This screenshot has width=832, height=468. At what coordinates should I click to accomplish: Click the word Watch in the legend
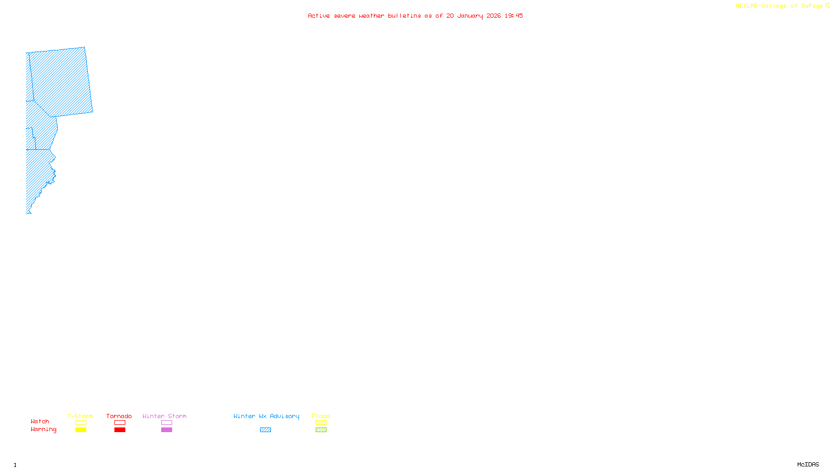click(40, 422)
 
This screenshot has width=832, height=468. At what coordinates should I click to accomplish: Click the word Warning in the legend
click(44, 430)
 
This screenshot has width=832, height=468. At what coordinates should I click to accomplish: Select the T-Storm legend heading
click(80, 416)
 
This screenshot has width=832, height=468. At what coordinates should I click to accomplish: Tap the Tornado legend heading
click(119, 416)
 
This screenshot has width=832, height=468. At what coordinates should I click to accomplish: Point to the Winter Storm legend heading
click(164, 416)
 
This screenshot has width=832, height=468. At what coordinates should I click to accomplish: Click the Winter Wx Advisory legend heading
click(266, 416)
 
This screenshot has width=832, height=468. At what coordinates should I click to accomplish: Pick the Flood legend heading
click(321, 416)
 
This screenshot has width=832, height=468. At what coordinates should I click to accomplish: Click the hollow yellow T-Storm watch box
click(81, 423)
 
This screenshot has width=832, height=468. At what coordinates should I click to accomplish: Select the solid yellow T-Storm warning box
click(81, 430)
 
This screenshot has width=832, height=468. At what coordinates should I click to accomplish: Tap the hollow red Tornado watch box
click(120, 423)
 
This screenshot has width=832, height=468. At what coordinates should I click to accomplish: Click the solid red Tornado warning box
click(120, 430)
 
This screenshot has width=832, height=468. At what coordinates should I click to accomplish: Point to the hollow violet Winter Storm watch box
click(166, 423)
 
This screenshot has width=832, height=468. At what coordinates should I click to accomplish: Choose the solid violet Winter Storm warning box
click(166, 430)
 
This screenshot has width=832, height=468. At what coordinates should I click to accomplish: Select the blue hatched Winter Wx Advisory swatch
click(265, 430)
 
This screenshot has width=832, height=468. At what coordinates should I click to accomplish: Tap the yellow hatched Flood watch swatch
click(321, 423)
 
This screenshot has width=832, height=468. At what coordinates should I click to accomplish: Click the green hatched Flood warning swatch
click(321, 430)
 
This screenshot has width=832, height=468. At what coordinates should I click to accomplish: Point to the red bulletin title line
click(415, 16)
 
